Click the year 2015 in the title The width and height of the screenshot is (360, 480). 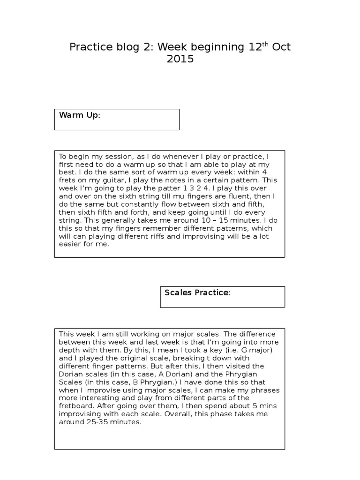(180, 60)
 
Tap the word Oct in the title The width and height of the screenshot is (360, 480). (281, 47)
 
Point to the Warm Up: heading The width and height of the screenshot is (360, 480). (79, 115)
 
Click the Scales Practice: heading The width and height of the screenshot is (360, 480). (197, 292)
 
